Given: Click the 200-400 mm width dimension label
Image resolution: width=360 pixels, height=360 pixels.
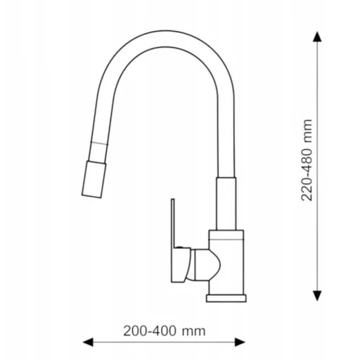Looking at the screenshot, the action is tap(165, 331).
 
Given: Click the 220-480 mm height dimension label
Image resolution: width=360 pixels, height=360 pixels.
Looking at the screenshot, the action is tap(307, 160).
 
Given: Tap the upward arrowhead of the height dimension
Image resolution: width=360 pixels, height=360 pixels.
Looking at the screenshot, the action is tap(317, 37).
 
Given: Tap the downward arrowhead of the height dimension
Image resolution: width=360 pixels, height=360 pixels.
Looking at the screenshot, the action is tap(317, 295).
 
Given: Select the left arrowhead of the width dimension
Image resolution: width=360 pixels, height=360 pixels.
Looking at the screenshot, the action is tap(88, 342).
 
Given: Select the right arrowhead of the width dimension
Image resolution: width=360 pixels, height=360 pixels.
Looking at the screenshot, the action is tap(240, 342).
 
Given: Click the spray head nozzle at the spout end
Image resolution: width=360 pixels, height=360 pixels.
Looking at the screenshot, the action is tap(94, 179).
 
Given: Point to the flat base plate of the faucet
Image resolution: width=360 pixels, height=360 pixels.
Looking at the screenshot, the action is tap(226, 298).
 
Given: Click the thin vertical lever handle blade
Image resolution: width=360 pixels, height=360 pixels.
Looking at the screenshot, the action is tap(173, 223).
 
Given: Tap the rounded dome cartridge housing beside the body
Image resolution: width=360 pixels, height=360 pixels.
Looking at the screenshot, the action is tap(205, 265).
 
